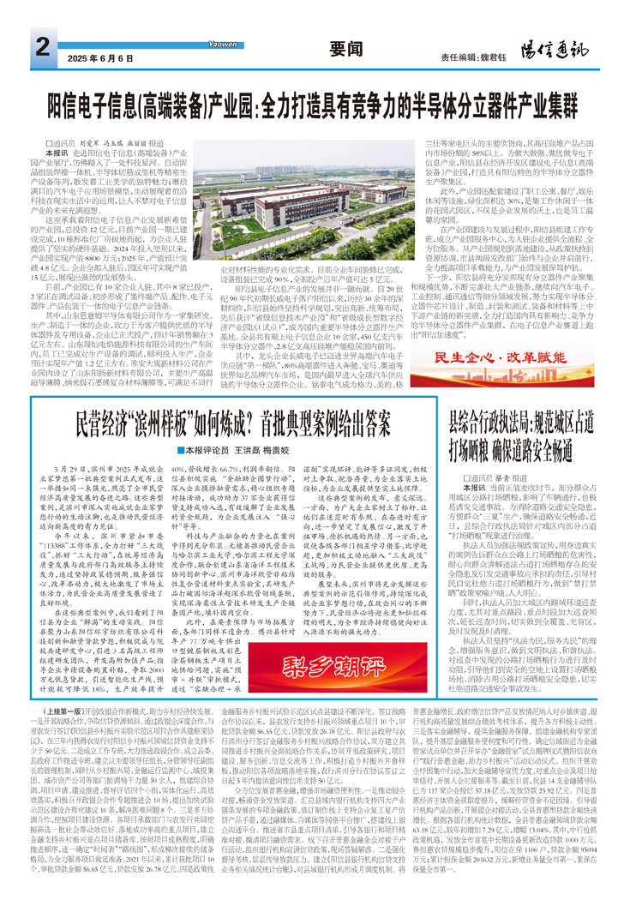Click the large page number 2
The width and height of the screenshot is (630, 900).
(42, 45)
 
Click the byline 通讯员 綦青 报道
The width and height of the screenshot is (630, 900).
(489, 476)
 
